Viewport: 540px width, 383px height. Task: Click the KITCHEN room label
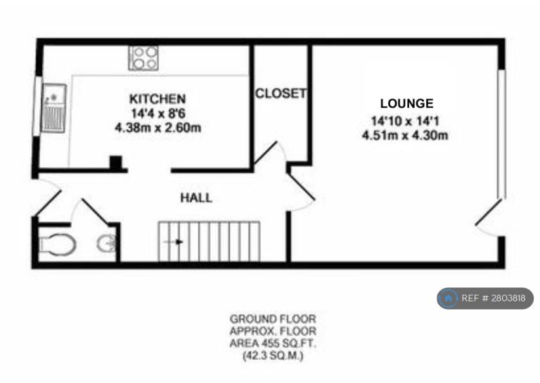point(157,99)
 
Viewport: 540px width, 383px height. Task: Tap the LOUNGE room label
point(406,103)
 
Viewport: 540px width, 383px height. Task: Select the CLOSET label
point(281,94)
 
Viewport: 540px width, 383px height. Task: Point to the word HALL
point(196,198)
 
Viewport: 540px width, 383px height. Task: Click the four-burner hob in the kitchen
point(143,57)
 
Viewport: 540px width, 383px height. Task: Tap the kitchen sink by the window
point(53,108)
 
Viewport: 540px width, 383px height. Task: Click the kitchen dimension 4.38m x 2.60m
point(157,128)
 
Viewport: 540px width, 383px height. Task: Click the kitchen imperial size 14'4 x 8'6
point(157,113)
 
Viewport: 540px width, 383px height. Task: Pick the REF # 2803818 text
point(493,299)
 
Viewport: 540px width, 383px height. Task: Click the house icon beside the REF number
point(449,299)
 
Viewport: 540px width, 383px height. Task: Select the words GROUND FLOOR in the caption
point(271,319)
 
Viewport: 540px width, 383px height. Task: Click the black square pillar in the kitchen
point(116,163)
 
